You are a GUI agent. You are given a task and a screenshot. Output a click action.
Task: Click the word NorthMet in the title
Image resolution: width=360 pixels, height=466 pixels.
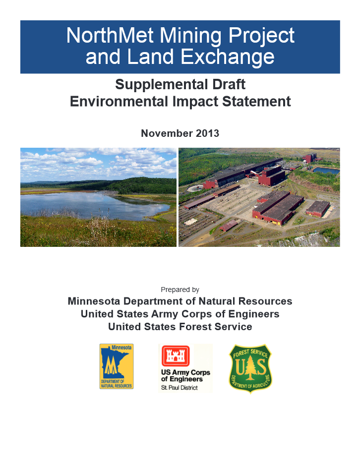coord(110,35)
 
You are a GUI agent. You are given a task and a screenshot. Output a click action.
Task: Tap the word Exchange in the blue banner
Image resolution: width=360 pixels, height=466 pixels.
coord(228,57)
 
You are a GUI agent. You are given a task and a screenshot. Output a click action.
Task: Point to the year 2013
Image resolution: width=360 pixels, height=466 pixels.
coord(207,133)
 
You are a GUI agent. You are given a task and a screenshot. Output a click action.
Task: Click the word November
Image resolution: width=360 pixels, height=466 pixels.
coord(167,133)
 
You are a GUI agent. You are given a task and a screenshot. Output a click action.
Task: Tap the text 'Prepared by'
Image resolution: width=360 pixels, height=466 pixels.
coord(180,290)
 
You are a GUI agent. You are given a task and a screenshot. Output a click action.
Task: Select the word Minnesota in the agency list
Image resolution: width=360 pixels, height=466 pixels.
coord(94,301)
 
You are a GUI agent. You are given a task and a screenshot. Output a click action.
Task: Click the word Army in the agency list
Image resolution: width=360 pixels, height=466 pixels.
coord(165,314)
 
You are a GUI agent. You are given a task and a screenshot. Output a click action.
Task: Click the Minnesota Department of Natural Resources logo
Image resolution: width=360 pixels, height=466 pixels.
coord(116,366)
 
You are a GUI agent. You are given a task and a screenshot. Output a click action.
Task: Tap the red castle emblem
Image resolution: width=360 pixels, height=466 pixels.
coord(176,356)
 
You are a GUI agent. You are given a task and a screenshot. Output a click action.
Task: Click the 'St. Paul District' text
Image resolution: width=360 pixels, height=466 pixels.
coord(180,388)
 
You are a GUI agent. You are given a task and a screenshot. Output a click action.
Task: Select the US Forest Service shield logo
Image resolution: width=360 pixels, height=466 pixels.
coord(250,368)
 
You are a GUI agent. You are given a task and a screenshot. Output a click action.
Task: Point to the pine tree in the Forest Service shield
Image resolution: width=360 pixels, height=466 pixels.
coord(250,368)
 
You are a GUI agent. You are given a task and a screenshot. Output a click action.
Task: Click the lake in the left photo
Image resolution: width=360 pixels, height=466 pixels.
coord(89,205)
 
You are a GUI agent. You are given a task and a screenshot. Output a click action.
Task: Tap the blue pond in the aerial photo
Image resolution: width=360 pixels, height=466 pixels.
coord(326,171)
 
